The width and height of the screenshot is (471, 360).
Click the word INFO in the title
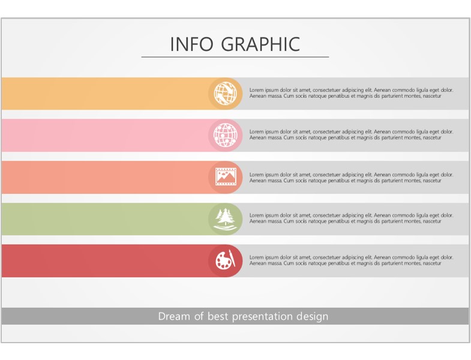tap(191, 44)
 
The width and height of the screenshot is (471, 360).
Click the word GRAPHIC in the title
tap(260, 44)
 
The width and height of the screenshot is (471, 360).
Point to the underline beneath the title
tap(235, 57)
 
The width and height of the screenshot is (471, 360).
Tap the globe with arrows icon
tap(225, 93)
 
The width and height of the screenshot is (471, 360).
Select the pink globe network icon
tap(225, 135)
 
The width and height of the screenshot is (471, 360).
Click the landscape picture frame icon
tap(226, 177)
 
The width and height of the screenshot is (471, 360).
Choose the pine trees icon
tap(226, 219)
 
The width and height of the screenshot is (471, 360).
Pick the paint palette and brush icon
tap(225, 260)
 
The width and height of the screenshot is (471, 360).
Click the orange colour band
tap(105, 94)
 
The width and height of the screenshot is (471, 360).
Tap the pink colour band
tap(105, 135)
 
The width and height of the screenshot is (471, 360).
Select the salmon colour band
tap(105, 177)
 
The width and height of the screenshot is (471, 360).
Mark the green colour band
tap(105, 219)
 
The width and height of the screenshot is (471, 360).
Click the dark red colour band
tap(105, 261)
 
